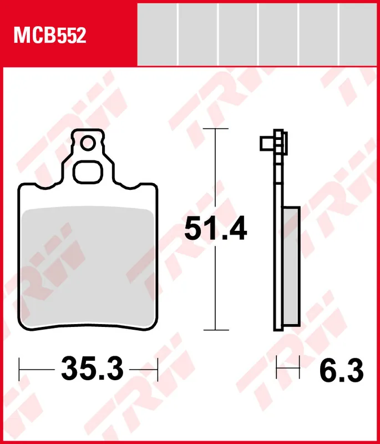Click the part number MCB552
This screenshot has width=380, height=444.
tap(50, 36)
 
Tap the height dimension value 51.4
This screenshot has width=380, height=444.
tap(215, 229)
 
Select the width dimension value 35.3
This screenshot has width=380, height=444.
tap(92, 368)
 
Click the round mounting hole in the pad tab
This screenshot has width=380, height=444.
tap(88, 144)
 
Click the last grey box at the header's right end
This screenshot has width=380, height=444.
tap(359, 33)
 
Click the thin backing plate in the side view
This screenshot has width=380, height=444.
tap(276, 250)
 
